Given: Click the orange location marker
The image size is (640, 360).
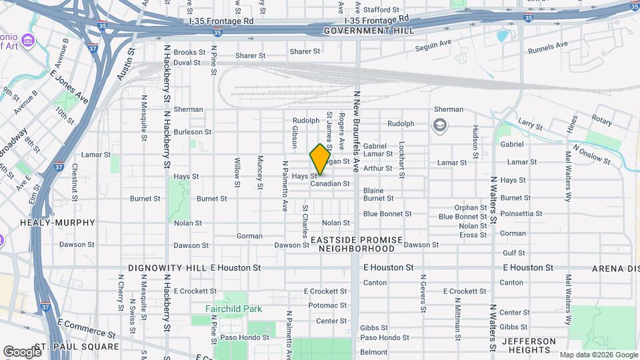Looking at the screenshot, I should tap(320, 159).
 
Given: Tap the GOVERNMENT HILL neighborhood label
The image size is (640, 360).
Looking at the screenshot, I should tap(369, 31).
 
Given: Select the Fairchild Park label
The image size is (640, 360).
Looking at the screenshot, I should tap(233, 309).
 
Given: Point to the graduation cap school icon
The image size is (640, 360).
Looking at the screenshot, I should tap(439, 125).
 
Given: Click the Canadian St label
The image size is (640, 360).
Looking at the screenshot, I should tap(330, 183).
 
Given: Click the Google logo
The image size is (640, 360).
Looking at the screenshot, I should tap(22, 351).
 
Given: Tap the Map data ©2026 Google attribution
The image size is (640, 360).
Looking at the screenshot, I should tap(598, 355).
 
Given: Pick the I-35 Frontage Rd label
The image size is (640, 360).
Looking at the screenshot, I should tap(221, 21).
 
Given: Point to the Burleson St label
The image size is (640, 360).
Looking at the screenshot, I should tap(192, 132).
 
